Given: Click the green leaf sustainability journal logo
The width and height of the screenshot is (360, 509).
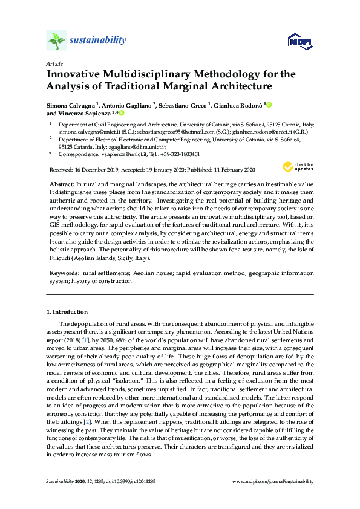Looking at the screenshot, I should [56, 41].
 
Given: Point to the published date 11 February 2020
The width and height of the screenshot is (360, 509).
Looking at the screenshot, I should [229, 170].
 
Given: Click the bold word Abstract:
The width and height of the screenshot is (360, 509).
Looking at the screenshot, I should [61, 183].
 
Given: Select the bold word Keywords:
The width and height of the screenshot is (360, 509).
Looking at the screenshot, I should [62, 274].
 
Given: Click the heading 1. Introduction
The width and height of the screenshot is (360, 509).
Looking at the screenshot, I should [67, 312].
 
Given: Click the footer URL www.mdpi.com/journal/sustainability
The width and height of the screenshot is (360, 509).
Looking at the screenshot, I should [273, 481].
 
